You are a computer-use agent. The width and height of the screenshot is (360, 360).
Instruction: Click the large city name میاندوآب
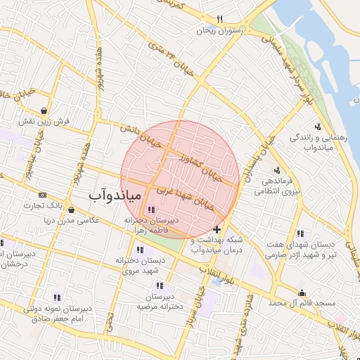(x=116, y=194)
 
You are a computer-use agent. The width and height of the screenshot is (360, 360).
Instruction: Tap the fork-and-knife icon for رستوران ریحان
(x=220, y=20)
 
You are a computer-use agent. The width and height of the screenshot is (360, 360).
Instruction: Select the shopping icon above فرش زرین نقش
(x=45, y=110)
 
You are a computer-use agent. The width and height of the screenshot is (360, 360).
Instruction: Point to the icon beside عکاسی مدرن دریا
(x=71, y=209)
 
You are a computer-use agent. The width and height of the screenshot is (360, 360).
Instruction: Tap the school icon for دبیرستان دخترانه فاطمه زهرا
(x=152, y=209)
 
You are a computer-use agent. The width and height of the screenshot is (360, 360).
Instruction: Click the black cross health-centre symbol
(x=217, y=229)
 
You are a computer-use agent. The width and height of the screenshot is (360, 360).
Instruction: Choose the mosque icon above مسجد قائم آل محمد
(x=303, y=292)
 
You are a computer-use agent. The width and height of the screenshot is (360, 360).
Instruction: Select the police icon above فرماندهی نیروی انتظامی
(x=277, y=170)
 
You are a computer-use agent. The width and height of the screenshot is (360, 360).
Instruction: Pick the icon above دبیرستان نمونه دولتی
(x=58, y=297)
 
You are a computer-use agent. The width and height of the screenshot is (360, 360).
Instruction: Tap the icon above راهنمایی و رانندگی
(x=318, y=127)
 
